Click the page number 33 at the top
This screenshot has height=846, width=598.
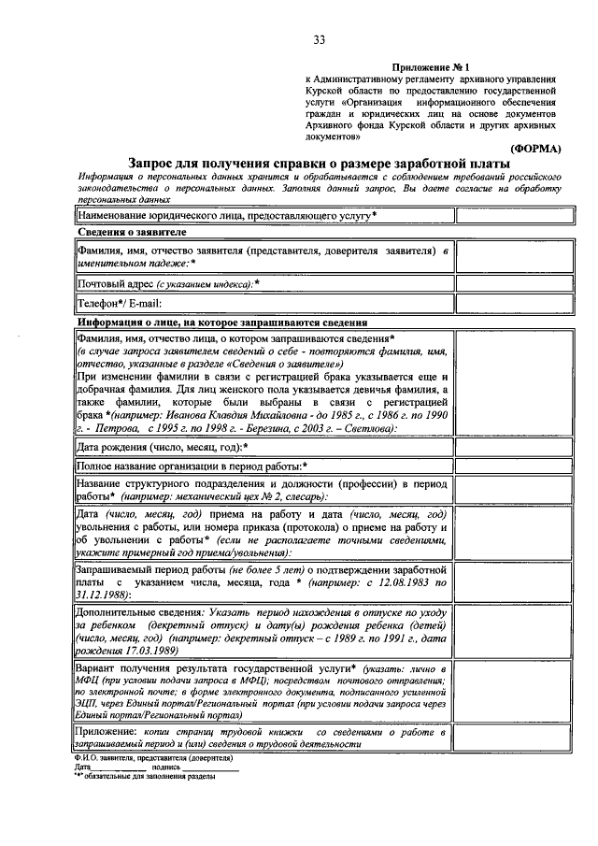[x=319, y=39]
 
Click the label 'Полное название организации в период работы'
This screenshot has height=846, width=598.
[x=192, y=466]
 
